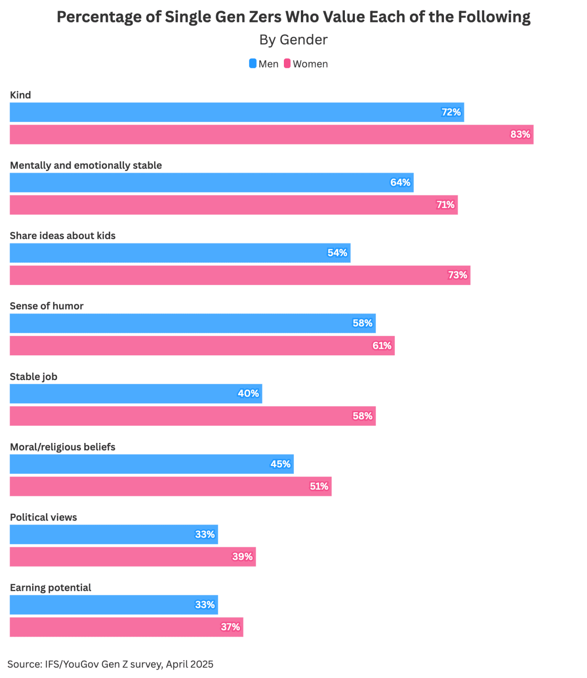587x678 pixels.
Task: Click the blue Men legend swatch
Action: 253,64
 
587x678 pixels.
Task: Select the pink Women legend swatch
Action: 287,64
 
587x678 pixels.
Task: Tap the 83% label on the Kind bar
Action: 520,134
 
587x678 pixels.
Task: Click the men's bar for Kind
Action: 237,112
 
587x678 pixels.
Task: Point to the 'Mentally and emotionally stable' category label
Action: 86,165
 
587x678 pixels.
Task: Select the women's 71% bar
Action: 233,205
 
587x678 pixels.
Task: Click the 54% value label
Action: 337,253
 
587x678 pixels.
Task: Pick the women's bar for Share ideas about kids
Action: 240,275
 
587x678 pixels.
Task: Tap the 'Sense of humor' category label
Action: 47,306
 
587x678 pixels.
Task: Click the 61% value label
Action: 382,346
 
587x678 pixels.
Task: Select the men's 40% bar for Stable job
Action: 136,394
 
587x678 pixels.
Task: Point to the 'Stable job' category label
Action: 33,377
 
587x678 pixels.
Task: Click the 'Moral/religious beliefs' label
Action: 62,447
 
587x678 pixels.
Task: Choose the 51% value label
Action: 319,487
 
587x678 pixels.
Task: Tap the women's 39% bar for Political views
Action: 133,557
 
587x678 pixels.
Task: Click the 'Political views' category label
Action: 44,517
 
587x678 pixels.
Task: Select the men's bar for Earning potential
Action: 114,605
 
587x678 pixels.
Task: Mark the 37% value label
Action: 230,627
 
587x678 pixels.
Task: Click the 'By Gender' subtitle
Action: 293,40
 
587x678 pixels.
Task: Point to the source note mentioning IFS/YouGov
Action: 111,664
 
